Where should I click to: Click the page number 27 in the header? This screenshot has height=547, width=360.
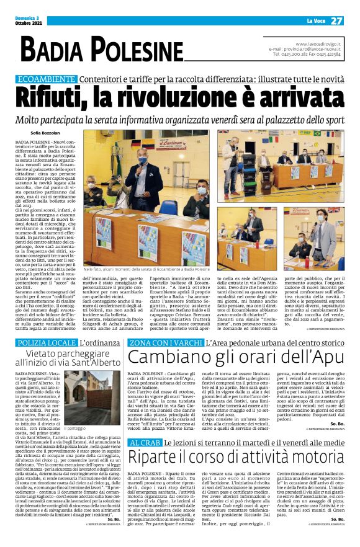click(x=337, y=20)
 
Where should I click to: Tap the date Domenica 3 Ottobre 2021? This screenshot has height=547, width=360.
click(x=29, y=21)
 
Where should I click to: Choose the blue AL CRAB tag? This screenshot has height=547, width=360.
click(x=143, y=460)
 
